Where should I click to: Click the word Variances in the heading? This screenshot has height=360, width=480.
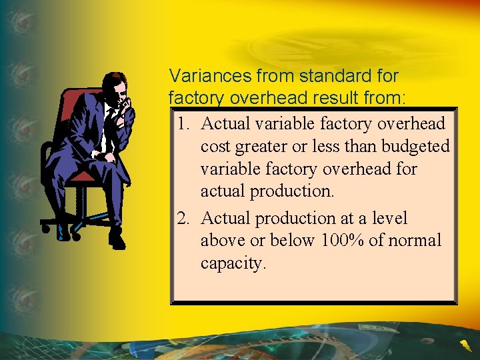[201, 75]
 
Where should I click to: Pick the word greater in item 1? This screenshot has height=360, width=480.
[261, 147]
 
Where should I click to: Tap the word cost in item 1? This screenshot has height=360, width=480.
[213, 147]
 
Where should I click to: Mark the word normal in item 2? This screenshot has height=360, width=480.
[413, 240]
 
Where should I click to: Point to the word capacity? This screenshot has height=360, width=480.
[233, 263]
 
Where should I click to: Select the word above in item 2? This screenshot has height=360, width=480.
[221, 240]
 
